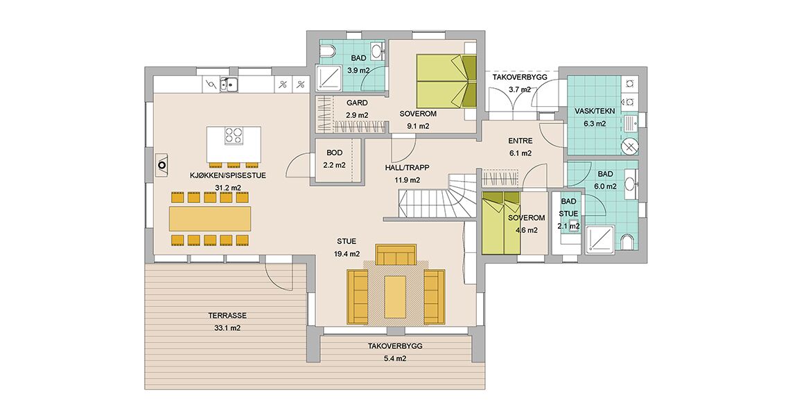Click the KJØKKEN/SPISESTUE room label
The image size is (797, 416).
point(228,175)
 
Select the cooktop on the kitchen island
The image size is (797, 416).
point(234,136)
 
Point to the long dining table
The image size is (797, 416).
point(210,218)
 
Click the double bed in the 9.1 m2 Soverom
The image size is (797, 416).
point(446,80)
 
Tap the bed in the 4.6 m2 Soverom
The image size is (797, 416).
point(501,223)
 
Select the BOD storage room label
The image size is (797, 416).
point(335,153)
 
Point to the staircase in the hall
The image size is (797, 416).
point(438,196)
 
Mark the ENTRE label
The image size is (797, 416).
point(520,141)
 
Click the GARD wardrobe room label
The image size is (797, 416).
point(357,103)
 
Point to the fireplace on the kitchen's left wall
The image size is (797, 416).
point(162,165)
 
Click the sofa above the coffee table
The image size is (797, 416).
point(396,254)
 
